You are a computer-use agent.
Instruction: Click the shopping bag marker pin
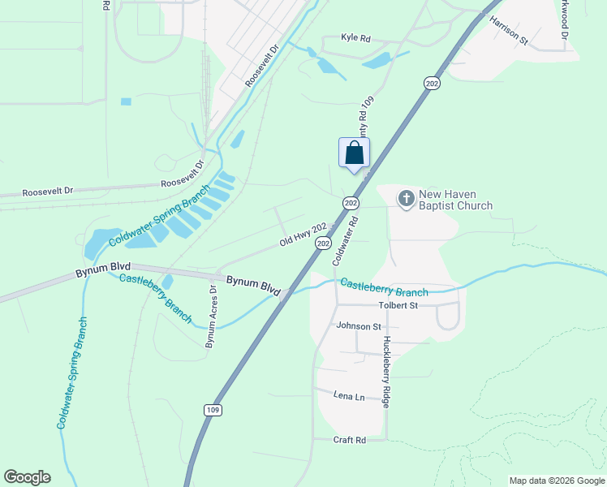point(354,153)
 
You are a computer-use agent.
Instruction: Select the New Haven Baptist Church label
point(455,200)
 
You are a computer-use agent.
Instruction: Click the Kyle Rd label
point(355,38)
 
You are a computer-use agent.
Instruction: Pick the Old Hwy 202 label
point(303,235)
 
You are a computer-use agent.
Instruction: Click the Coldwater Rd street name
point(345,240)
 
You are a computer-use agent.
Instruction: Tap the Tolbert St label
point(398,305)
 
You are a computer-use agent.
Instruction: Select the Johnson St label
point(358,326)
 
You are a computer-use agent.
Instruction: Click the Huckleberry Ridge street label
point(387,371)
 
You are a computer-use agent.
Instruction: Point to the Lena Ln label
point(349,395)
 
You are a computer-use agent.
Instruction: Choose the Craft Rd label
point(350,439)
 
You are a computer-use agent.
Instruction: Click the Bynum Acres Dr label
point(211,317)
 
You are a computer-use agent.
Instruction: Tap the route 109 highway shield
point(213,410)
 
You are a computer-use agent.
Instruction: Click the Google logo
point(27,477)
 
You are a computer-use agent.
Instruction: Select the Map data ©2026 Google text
point(556,481)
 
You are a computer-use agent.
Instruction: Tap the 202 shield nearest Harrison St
point(431,82)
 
